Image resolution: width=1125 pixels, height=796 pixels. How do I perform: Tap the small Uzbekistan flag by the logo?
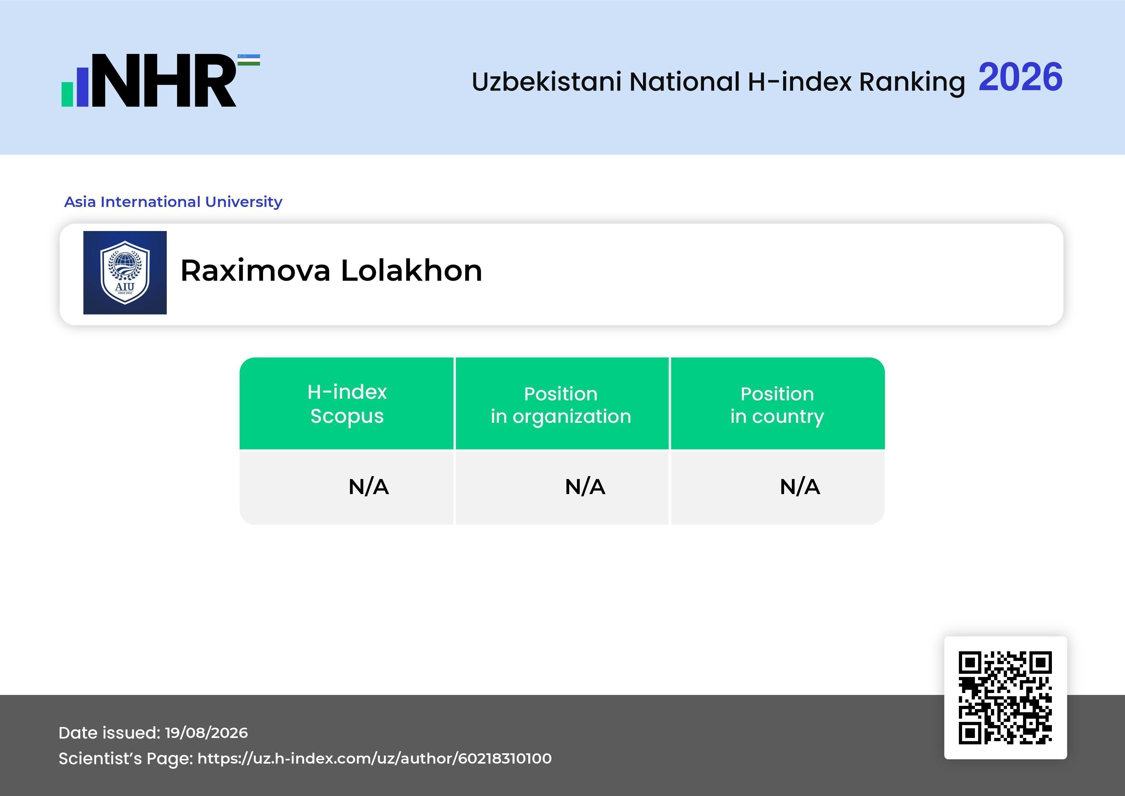tap(249, 60)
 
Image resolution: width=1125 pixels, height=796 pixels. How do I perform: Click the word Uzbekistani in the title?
tap(547, 81)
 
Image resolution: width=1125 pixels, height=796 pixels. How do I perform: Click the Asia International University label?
tap(173, 201)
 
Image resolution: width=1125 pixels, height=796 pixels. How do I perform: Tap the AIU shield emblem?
tap(125, 272)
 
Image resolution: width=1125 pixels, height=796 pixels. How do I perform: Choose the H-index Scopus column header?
tap(347, 404)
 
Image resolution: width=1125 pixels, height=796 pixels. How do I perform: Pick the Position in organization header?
tap(561, 405)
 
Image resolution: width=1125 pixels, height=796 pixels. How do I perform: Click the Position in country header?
tap(777, 405)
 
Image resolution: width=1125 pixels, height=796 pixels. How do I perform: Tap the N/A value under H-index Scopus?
tap(368, 487)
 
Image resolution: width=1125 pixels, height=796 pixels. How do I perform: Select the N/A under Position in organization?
tap(585, 487)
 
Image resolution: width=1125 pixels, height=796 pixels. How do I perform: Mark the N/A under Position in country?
tap(799, 487)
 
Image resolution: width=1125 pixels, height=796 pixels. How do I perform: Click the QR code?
tap(1005, 698)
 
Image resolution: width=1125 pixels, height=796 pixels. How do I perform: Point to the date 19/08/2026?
tap(206, 733)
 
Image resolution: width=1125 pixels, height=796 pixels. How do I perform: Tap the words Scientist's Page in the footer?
tap(126, 759)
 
